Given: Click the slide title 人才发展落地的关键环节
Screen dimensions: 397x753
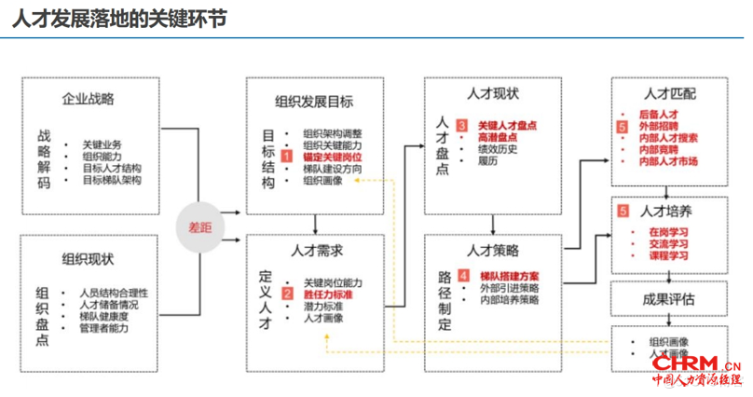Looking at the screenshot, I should (x=120, y=18).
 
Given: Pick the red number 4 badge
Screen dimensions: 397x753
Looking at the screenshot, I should (x=461, y=276).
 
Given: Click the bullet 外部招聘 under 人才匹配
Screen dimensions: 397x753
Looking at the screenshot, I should (x=659, y=126).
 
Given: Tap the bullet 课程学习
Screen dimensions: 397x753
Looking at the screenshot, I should (x=668, y=254).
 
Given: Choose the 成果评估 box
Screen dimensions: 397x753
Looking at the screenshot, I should (x=668, y=298).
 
